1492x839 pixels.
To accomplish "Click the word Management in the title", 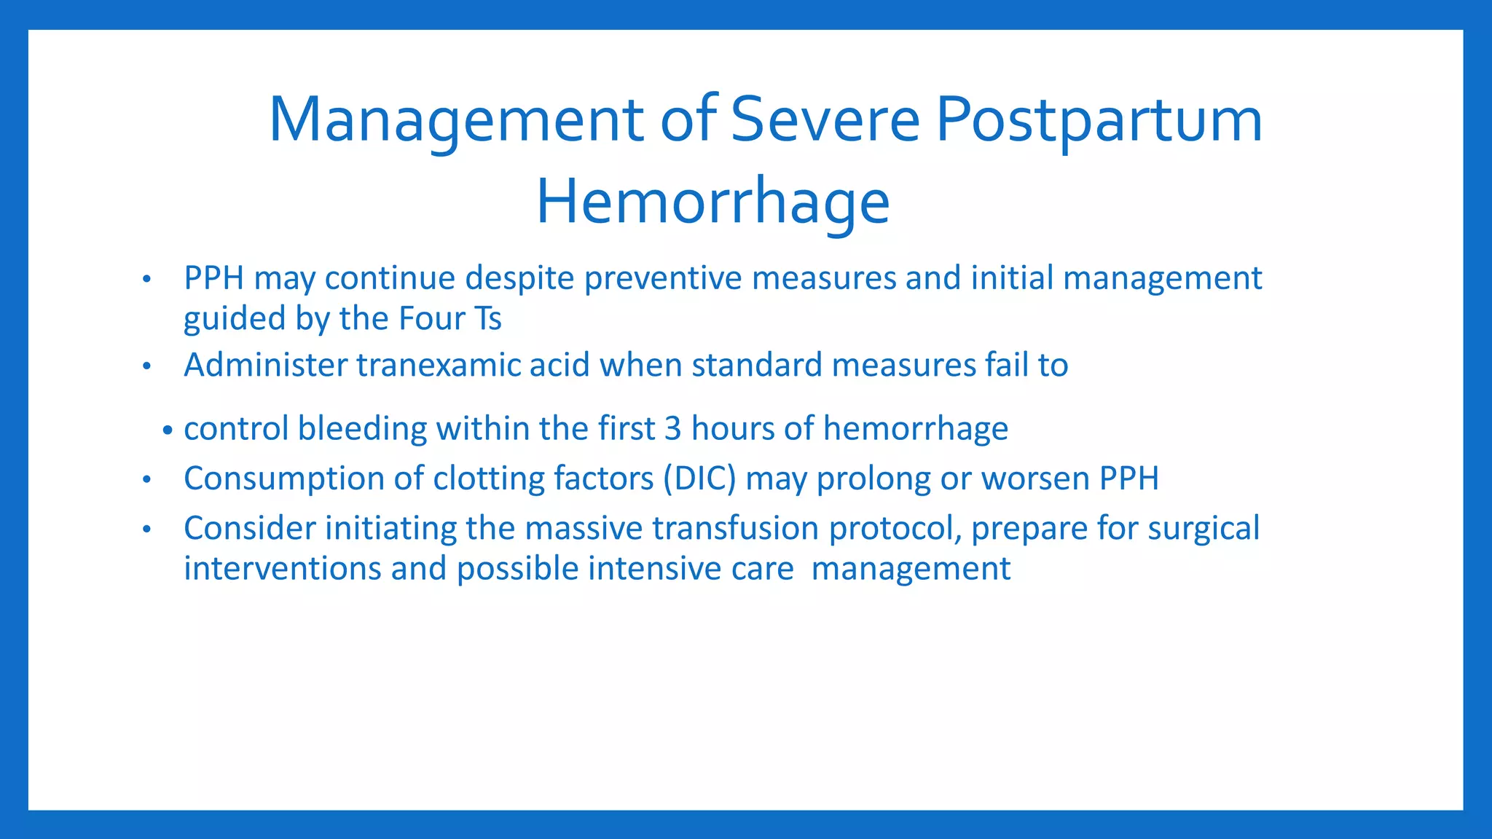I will click(x=456, y=119).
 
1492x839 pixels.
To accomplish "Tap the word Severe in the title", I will click(x=825, y=119).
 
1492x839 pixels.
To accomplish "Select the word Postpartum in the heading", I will click(x=1099, y=119).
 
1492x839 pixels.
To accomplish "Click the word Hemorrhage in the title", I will click(x=712, y=202).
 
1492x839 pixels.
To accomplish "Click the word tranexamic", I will click(x=438, y=365).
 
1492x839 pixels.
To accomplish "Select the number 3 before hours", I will click(x=672, y=428).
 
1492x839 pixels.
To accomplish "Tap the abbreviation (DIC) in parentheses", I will click(x=699, y=478).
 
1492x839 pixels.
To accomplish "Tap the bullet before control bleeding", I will click(x=168, y=430).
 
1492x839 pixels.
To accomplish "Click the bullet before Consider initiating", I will click(x=146, y=529).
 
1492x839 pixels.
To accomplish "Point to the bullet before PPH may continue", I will click(x=146, y=280).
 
